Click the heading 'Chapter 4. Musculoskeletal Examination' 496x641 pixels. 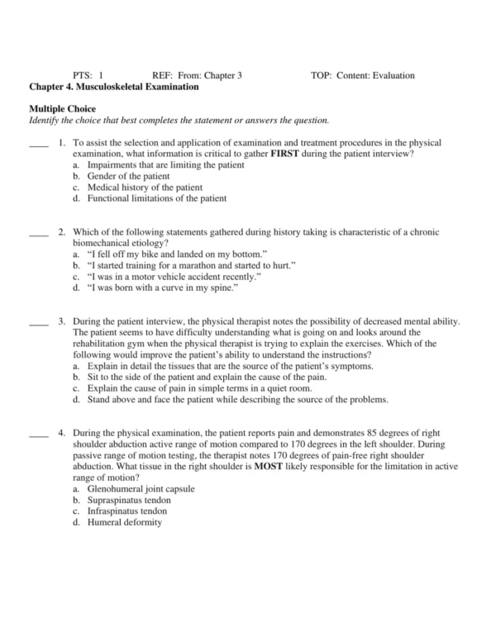pyautogui.click(x=113, y=87)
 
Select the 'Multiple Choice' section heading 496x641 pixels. pyautogui.click(x=63, y=109)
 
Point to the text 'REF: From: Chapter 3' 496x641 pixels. pyautogui.click(x=197, y=75)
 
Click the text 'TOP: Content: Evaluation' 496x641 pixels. pyautogui.click(x=362, y=75)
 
